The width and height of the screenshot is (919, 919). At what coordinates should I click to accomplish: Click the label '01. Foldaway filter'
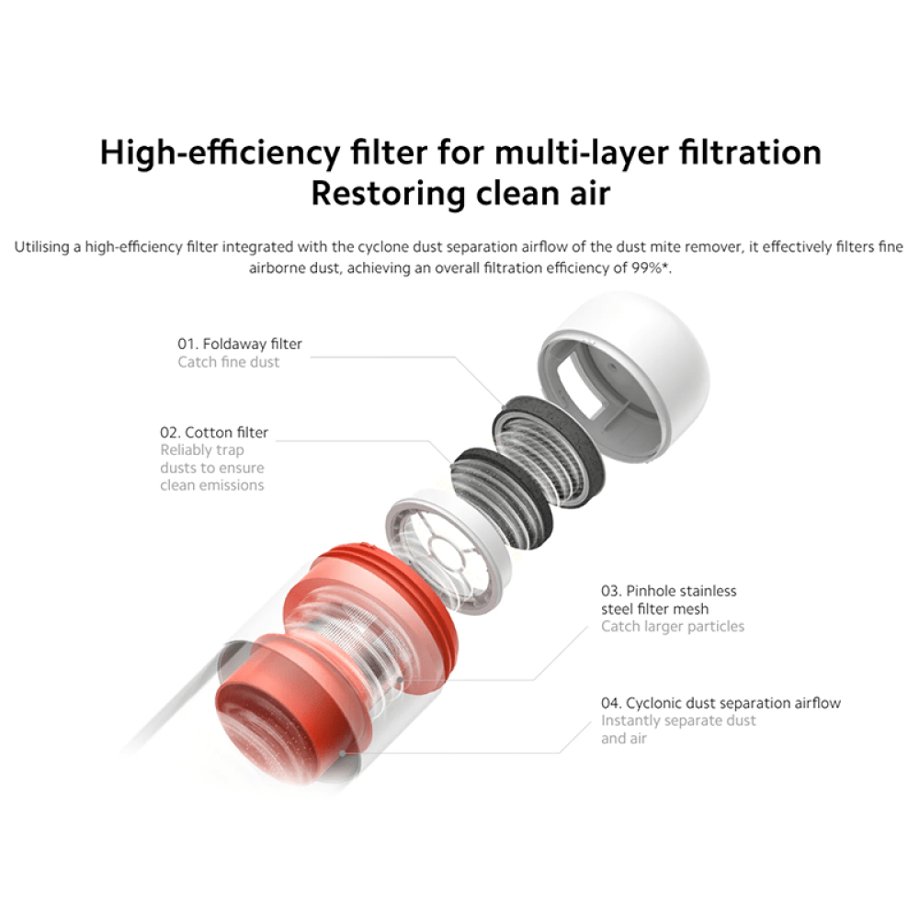[240, 344]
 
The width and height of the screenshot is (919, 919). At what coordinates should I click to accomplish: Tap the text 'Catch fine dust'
[229, 362]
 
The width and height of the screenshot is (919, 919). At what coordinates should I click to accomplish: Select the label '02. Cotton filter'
[214, 433]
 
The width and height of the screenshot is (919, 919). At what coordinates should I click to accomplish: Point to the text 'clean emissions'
[212, 485]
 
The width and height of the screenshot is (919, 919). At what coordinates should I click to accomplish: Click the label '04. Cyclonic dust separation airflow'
[720, 703]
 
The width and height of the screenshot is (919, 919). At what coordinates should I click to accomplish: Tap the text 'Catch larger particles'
[673, 627]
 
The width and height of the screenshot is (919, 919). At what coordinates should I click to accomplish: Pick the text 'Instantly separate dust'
[679, 720]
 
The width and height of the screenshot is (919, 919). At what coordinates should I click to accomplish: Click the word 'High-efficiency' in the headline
[220, 153]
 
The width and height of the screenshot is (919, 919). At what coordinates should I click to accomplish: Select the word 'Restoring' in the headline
[388, 193]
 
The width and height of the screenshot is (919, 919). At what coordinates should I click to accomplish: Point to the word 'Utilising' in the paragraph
[41, 246]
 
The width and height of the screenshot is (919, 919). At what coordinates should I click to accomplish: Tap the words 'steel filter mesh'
[654, 609]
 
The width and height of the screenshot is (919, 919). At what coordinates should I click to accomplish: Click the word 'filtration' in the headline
[750, 153]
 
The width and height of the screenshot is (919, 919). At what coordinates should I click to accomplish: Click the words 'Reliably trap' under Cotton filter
[202, 450]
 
